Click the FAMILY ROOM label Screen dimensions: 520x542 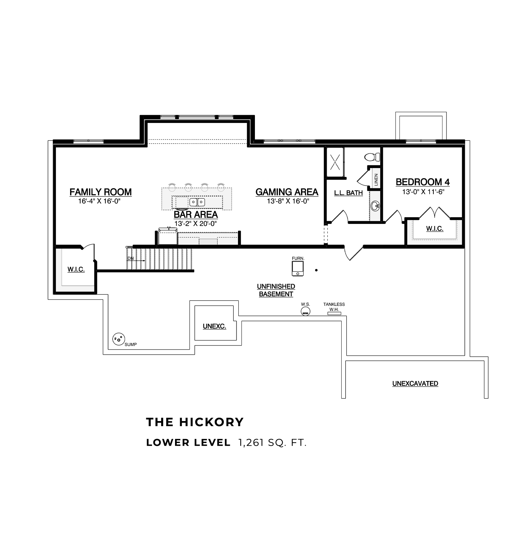(101, 192)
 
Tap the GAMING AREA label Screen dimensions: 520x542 (287, 192)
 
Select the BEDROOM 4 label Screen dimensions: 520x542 (423, 182)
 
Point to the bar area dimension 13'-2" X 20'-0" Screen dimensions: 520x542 (195, 224)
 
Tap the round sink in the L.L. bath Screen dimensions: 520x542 (375, 205)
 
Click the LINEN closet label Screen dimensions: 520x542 (376, 180)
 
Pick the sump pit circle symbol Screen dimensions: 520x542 (118, 338)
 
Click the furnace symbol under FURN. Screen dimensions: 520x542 (298, 269)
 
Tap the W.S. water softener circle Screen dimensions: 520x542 (306, 311)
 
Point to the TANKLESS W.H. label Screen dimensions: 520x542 (334, 307)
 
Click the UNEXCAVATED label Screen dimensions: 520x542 (415, 383)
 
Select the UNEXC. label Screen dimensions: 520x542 (214, 327)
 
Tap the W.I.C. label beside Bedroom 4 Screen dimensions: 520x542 (435, 229)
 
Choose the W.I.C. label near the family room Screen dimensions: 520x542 (76, 270)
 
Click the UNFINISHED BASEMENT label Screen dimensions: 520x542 (276, 290)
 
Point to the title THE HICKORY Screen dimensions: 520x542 (195, 422)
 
